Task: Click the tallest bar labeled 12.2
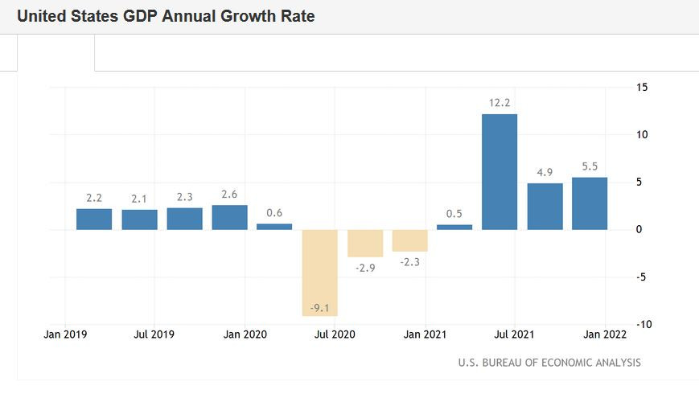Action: pyautogui.click(x=500, y=172)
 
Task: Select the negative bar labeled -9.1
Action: pyautogui.click(x=319, y=273)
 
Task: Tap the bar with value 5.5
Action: pyautogui.click(x=590, y=203)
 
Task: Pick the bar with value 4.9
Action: pyautogui.click(x=545, y=207)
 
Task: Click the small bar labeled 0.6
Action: pyautogui.click(x=274, y=227)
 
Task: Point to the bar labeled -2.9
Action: pyautogui.click(x=364, y=243)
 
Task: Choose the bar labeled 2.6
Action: pyautogui.click(x=229, y=217)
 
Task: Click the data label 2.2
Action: pyautogui.click(x=94, y=198)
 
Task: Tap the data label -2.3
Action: pyautogui.click(x=409, y=262)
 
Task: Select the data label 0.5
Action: pyautogui.click(x=454, y=214)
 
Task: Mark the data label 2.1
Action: pyautogui.click(x=139, y=199)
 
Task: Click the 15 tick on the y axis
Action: pyautogui.click(x=642, y=87)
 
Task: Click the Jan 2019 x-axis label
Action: pyautogui.click(x=64, y=334)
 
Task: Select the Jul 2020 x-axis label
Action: pyautogui.click(x=333, y=334)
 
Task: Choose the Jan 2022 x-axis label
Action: pyautogui.click(x=602, y=334)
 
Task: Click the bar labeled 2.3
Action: pyautogui.click(x=184, y=219)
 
